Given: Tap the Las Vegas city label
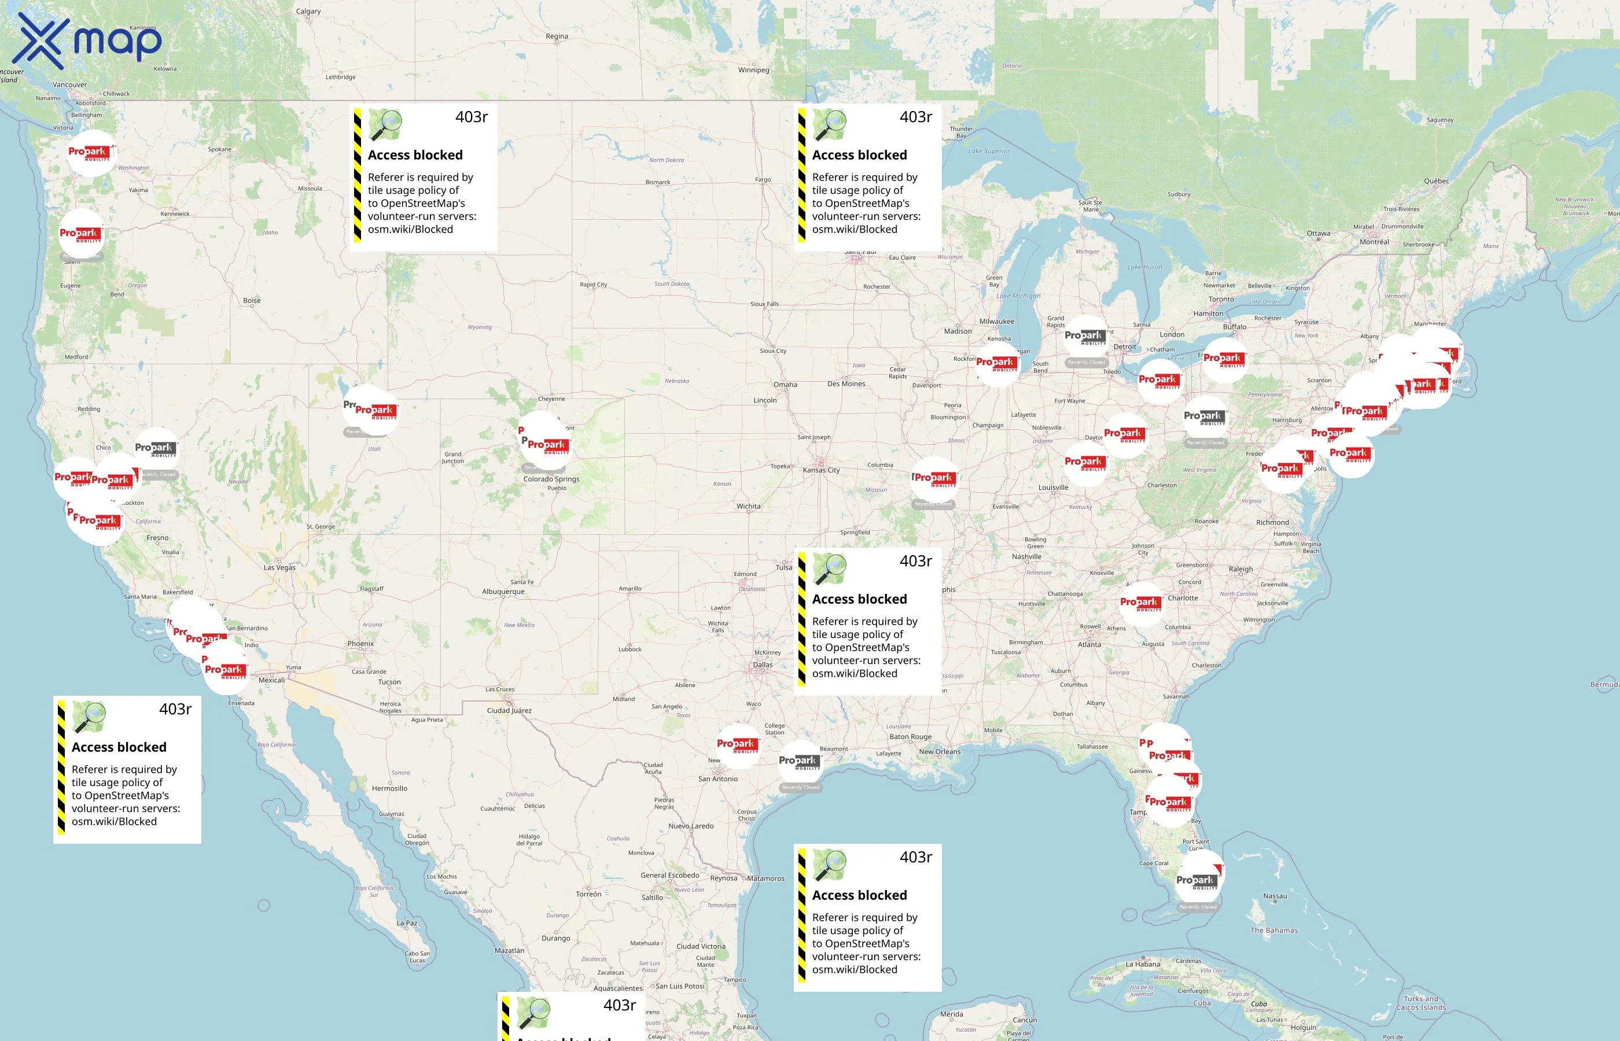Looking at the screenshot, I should (x=279, y=567).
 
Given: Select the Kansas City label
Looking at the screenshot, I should (x=821, y=470).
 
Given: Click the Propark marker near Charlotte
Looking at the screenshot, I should (x=1142, y=603).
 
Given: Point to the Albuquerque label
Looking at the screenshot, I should (x=503, y=592).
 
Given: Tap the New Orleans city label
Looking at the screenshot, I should (x=939, y=752).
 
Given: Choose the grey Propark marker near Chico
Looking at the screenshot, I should (x=156, y=449).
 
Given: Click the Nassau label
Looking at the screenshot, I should (x=1275, y=896).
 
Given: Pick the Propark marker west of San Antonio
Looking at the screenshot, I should (x=737, y=745).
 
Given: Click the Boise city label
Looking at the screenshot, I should (x=252, y=301).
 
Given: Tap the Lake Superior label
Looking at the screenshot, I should (x=989, y=152).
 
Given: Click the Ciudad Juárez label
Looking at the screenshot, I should (x=509, y=710).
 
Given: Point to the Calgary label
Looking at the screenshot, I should (x=308, y=12).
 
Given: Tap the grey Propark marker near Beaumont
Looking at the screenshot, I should (x=799, y=762).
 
